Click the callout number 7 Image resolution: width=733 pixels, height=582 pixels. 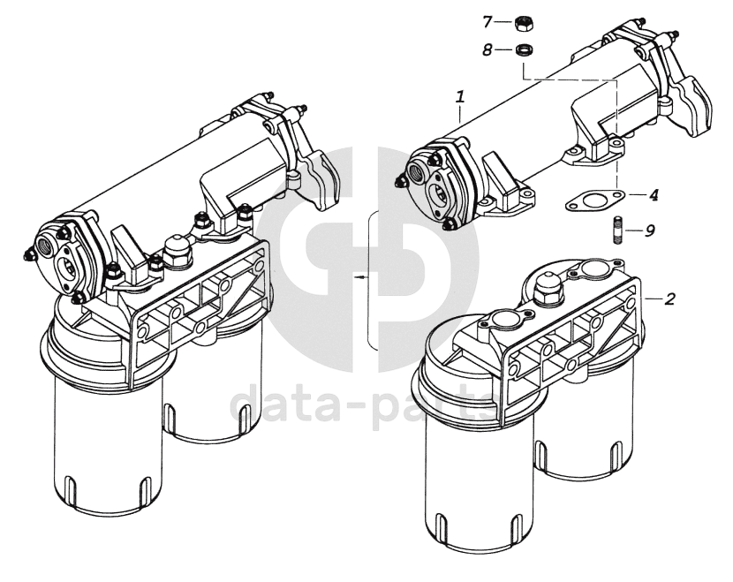tap(487, 21)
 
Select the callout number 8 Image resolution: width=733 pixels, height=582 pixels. tap(487, 49)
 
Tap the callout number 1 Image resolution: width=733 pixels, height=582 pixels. tap(460, 97)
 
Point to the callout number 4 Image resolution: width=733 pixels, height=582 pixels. tap(654, 195)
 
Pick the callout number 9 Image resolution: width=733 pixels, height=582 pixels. tap(649, 231)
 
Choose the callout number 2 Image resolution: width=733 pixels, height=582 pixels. tap(670, 299)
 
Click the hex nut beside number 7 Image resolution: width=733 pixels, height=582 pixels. tap(525, 23)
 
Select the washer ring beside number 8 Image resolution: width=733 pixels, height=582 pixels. tap(525, 49)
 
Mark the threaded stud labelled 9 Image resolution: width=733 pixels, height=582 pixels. tap(616, 230)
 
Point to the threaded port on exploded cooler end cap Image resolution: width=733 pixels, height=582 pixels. tap(415, 172)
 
